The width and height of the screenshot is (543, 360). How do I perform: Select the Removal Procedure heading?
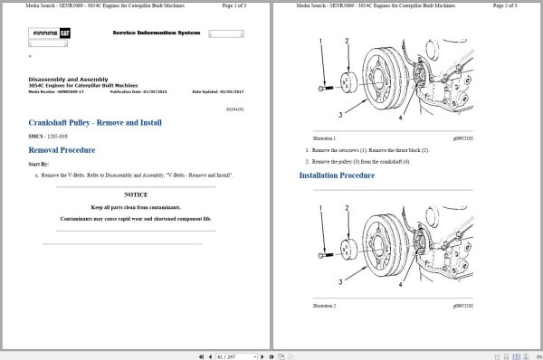(x=62, y=149)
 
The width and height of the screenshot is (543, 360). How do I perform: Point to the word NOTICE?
(x=137, y=194)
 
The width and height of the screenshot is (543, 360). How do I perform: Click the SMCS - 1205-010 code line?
(x=53, y=136)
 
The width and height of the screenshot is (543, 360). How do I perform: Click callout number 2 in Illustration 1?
(x=347, y=42)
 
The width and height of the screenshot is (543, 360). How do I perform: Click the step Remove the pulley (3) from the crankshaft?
(x=363, y=160)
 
